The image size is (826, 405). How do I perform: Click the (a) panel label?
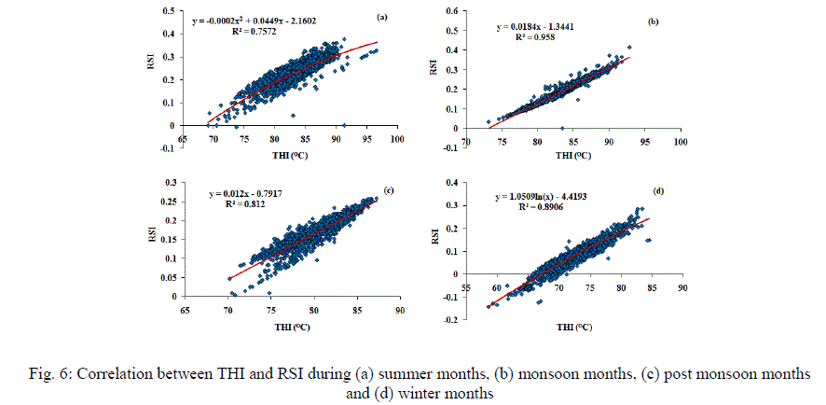[381, 17]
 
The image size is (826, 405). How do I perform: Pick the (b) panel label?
[654, 20]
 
